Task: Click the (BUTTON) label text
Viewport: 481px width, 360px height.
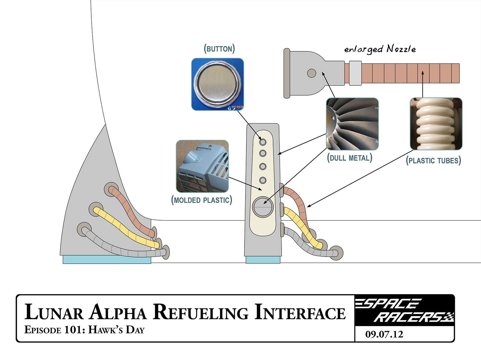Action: (219, 49)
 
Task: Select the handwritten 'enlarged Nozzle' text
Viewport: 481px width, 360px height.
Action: (380, 49)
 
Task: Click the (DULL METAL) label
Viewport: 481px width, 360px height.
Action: (349, 158)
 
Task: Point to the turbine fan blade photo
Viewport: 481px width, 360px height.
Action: (352, 124)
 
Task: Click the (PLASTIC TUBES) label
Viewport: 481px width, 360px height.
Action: (433, 160)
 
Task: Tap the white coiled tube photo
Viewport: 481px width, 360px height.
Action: (436, 124)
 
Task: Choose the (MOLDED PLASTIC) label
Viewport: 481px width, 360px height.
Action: (202, 200)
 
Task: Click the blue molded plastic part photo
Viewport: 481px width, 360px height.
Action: (202, 166)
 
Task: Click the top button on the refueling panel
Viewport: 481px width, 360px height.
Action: (263, 142)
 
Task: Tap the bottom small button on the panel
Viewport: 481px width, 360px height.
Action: (263, 180)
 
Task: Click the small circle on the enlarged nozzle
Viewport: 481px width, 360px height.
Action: (312, 73)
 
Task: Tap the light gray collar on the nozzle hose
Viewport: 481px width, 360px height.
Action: (355, 73)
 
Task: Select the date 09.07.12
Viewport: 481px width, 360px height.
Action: (384, 334)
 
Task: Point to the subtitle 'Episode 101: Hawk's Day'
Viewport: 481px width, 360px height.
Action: (84, 330)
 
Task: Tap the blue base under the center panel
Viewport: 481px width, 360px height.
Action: (263, 260)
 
